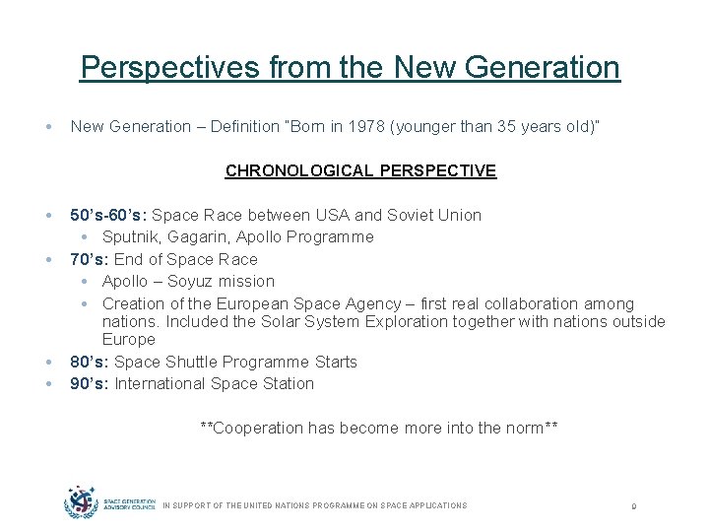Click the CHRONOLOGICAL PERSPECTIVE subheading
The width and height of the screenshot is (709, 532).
click(360, 170)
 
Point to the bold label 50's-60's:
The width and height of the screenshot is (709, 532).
click(109, 215)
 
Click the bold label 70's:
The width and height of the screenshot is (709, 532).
click(90, 259)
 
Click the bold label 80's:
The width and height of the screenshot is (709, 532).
click(90, 362)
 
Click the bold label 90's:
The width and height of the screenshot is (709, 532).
click(90, 383)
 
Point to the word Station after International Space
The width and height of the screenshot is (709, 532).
click(285, 383)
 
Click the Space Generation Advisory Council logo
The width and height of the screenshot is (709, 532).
click(109, 503)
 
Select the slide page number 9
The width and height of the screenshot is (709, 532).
click(635, 506)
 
